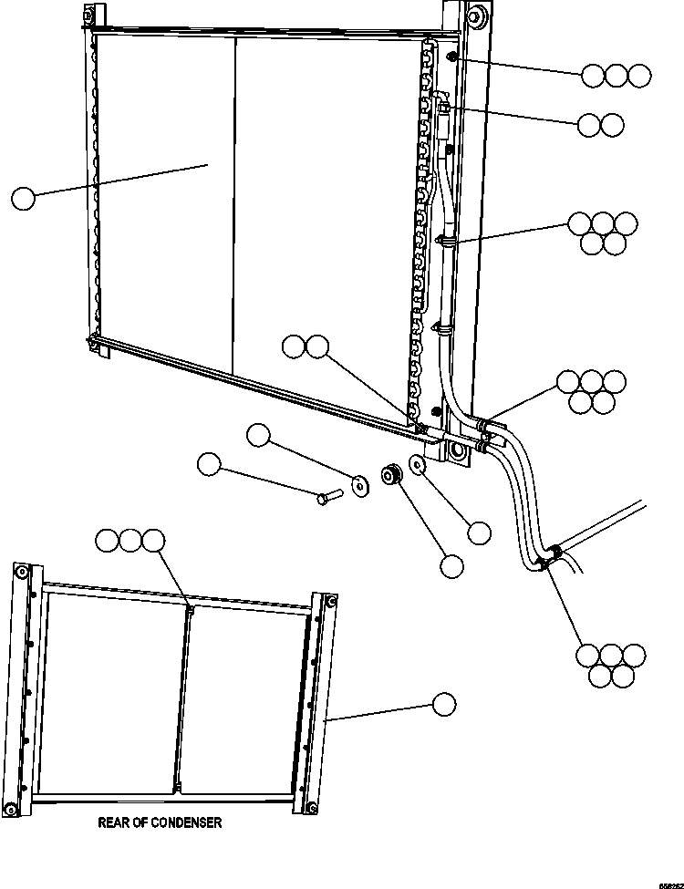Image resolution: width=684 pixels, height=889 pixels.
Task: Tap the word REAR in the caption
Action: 112,822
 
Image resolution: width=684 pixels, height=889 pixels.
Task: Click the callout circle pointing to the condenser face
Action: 23,197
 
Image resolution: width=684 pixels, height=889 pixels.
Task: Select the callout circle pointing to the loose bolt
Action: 209,464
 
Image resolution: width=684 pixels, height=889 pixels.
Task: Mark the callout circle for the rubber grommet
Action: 451,565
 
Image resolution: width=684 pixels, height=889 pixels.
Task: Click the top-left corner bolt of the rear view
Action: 19,572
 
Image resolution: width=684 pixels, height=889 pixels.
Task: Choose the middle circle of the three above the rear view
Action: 130,541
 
